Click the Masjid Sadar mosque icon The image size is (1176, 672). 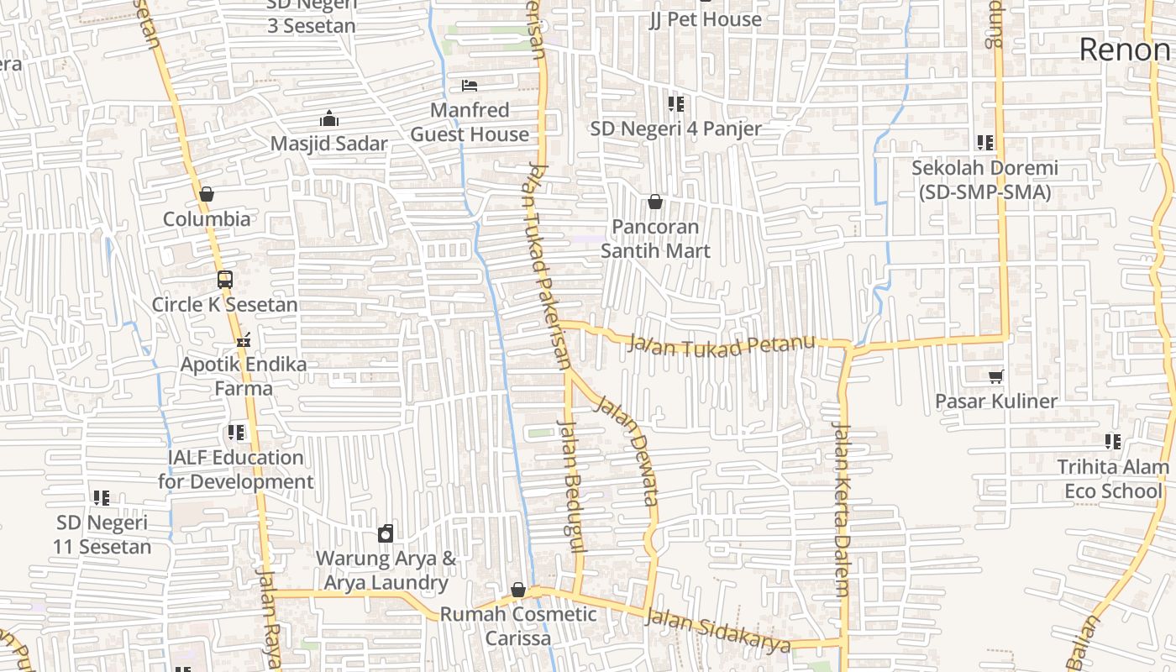(329, 119)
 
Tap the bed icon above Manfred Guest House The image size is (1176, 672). (470, 86)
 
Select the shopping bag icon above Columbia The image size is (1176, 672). (207, 195)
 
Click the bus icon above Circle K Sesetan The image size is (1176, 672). (225, 280)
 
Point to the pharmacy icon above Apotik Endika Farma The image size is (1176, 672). (244, 341)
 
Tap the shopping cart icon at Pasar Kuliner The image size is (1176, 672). (996, 376)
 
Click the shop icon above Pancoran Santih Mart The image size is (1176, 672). (655, 202)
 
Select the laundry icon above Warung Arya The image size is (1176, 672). (386, 533)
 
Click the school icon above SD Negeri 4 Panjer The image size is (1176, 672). (675, 104)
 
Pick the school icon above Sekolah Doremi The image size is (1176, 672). (985, 143)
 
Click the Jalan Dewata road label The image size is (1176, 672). (627, 450)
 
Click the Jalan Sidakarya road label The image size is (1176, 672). (719, 631)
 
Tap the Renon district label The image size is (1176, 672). (1124, 50)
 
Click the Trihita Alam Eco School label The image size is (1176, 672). (1113, 479)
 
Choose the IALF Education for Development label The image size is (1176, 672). (235, 470)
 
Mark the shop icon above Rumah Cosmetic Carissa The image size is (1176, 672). (518, 590)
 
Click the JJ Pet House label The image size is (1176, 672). (706, 19)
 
